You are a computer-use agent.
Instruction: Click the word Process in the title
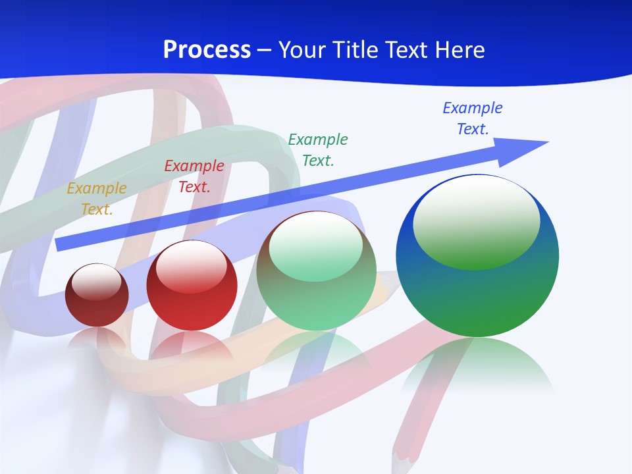pyautogui.click(x=207, y=50)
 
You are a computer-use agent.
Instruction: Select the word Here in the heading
pyautogui.click(x=458, y=50)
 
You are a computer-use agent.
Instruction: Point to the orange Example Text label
pyautogui.click(x=97, y=199)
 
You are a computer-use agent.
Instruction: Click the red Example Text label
pyautogui.click(x=194, y=176)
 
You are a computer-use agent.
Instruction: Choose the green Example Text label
pyautogui.click(x=318, y=149)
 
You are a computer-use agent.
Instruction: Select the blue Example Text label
pyautogui.click(x=473, y=118)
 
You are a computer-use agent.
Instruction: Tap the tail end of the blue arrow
pyautogui.click(x=61, y=244)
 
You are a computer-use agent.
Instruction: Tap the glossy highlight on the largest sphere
pyautogui.click(x=477, y=221)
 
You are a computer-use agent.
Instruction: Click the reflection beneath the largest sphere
pyautogui.click(x=477, y=365)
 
